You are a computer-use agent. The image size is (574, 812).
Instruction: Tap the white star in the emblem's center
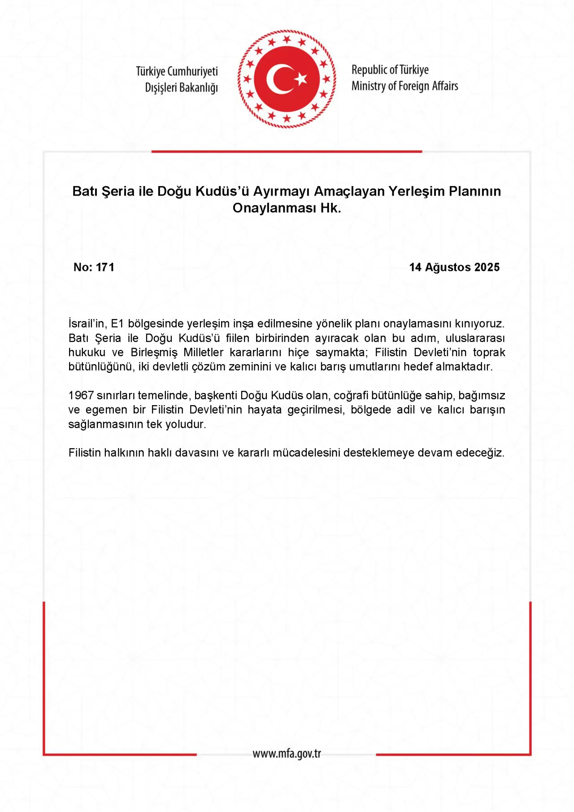(301, 79)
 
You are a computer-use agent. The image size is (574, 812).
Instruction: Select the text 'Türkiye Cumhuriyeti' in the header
(177, 71)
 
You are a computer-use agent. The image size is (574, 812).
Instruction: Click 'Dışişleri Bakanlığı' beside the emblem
(181, 87)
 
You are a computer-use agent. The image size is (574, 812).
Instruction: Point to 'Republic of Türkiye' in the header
(390, 70)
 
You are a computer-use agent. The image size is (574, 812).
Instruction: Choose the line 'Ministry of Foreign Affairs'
(404, 86)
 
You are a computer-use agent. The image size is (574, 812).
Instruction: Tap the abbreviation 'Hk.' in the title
(330, 208)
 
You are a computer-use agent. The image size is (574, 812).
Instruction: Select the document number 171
(105, 267)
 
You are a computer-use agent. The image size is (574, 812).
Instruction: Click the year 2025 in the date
(487, 267)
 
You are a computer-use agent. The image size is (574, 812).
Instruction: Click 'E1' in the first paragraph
(117, 323)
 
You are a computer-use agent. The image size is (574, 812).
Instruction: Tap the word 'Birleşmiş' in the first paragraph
(154, 352)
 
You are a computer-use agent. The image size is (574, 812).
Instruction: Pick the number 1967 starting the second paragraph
(81, 395)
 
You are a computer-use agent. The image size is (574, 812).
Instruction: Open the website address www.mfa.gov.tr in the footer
(287, 753)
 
